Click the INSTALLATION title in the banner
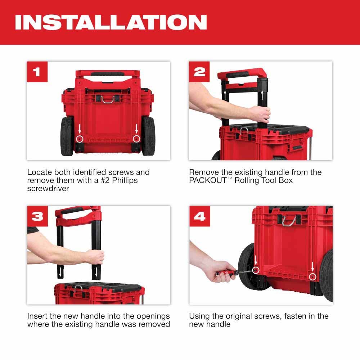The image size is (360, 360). click(111, 22)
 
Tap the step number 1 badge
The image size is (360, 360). click(37, 72)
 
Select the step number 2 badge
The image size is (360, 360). click(199, 72)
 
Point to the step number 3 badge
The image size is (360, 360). click(37, 216)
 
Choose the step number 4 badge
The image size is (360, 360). click(199, 216)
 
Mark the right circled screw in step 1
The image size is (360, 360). click(136, 139)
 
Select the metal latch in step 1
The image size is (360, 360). click(108, 99)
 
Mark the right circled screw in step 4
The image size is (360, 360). click(312, 276)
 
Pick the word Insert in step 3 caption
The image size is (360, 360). click(39, 316)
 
